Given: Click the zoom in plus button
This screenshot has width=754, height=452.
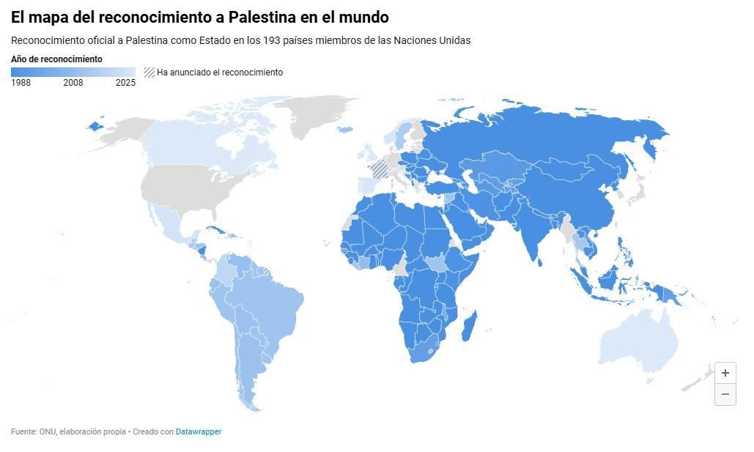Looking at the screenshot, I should point(725,373).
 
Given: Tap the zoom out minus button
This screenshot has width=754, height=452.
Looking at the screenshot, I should point(725,394).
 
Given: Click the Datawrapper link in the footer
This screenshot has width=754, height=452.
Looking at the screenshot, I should point(198,432).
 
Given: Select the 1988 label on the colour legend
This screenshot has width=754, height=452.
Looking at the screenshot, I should point(21,83).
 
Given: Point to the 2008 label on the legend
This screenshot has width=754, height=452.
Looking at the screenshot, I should point(73,83).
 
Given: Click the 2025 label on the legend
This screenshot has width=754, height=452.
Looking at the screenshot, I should point(125,83).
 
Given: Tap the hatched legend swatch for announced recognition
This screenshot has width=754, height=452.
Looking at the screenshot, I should point(149,73).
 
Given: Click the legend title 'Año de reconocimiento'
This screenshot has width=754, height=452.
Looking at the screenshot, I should point(56,59).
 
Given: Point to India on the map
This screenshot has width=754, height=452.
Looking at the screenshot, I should point(537,227).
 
